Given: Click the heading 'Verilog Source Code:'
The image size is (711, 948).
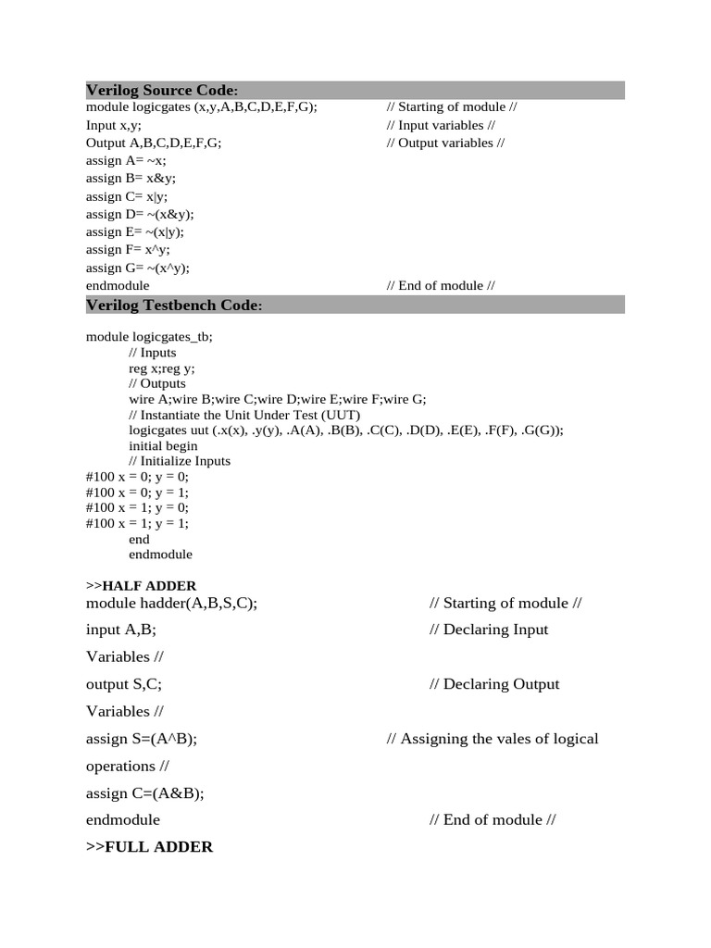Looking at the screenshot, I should coord(162,90).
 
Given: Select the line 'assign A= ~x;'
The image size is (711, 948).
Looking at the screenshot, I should coord(126,160).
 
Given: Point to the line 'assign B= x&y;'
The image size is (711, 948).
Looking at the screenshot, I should coord(131,178).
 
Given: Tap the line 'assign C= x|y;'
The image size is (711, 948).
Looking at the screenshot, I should coord(128,196).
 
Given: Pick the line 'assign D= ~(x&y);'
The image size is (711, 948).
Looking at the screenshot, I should coord(140,214).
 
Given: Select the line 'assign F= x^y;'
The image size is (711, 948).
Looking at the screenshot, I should coord(128,249).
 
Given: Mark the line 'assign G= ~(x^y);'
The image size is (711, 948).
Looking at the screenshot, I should coord(138,268).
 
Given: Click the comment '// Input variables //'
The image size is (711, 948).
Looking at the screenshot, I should coord(441,125).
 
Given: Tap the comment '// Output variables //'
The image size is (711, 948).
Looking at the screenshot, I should coord(446,143).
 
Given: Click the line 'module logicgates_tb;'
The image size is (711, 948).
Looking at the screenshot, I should coord(149,337).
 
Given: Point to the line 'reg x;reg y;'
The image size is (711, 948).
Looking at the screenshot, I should coord(162,368).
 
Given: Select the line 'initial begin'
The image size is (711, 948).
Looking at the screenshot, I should coord(163,445).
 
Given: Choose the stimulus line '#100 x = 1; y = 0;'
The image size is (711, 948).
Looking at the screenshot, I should coord(137,507).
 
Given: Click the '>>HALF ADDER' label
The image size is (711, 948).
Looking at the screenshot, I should coord(141,585).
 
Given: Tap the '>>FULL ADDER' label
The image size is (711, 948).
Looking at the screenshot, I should coord(149,846).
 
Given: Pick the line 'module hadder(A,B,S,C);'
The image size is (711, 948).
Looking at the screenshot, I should coord(171,603).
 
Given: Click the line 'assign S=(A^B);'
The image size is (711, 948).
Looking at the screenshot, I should coord(142,738).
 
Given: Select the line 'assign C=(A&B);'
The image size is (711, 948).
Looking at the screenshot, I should coord(144,792).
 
